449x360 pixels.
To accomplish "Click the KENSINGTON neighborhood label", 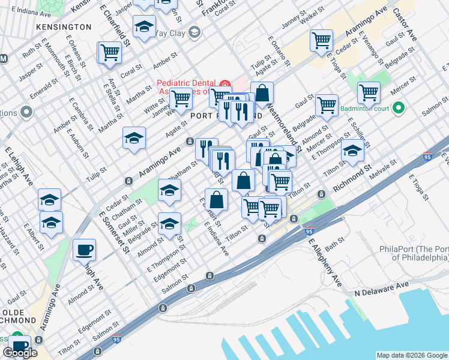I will pos(64,27).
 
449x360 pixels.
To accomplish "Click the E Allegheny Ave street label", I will pos(325,261).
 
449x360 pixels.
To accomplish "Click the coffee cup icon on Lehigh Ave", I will pos(84,249).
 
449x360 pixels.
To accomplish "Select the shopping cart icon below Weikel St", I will pos(321,40).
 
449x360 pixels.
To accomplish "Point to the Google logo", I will pos(20,353).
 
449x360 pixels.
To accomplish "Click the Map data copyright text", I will pos(412,355).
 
